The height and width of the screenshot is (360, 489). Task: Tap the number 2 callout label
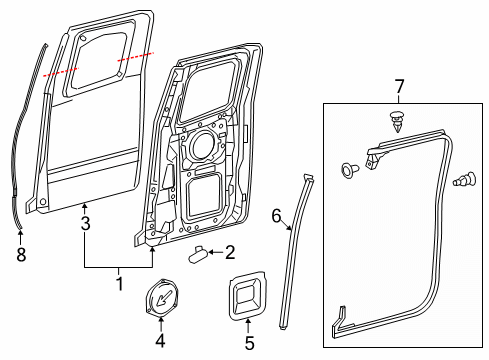click(x=229, y=252)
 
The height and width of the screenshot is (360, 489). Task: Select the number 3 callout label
click(x=86, y=224)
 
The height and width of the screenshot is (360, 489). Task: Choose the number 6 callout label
click(x=278, y=214)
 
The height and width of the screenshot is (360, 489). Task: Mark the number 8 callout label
click(x=21, y=255)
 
